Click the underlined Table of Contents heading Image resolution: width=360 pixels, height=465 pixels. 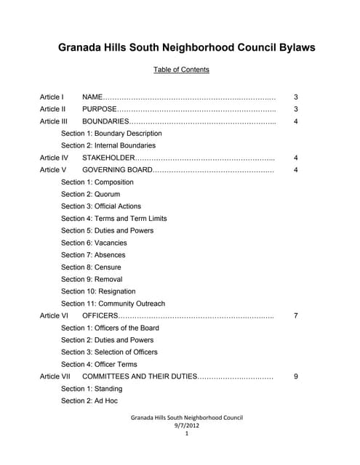pyautogui.click(x=181, y=70)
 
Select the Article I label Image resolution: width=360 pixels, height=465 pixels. pyautogui.click(x=52, y=97)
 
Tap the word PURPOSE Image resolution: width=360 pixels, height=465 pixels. pyautogui.click(x=99, y=109)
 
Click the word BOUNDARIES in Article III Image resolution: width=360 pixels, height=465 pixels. pyautogui.click(x=105, y=121)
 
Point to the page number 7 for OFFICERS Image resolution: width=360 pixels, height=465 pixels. pyautogui.click(x=295, y=316)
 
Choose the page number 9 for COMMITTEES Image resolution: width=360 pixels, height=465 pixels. pyautogui.click(x=295, y=376)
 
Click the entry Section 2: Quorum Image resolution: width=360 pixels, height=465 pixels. pyautogui.click(x=91, y=195)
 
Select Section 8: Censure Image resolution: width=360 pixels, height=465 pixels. pyautogui.click(x=91, y=267)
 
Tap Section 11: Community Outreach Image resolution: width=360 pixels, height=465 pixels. pyautogui.click(x=113, y=304)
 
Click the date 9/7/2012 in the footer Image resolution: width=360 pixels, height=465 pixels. pyautogui.click(x=186, y=426)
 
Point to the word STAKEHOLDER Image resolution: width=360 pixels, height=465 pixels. pyautogui.click(x=108, y=158)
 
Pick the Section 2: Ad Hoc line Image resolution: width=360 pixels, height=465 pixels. pyautogui.click(x=89, y=400)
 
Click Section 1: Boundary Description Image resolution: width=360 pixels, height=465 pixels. pyautogui.click(x=111, y=134)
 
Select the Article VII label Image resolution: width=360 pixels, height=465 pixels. pyautogui.click(x=55, y=376)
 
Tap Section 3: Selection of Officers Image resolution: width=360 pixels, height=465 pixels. pyautogui.click(x=109, y=352)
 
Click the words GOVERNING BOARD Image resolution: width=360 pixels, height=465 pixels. pyautogui.click(x=117, y=170)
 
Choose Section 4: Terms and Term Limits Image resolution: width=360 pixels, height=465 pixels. pyautogui.click(x=114, y=219)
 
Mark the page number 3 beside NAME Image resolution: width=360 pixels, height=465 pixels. pyautogui.click(x=295, y=97)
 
